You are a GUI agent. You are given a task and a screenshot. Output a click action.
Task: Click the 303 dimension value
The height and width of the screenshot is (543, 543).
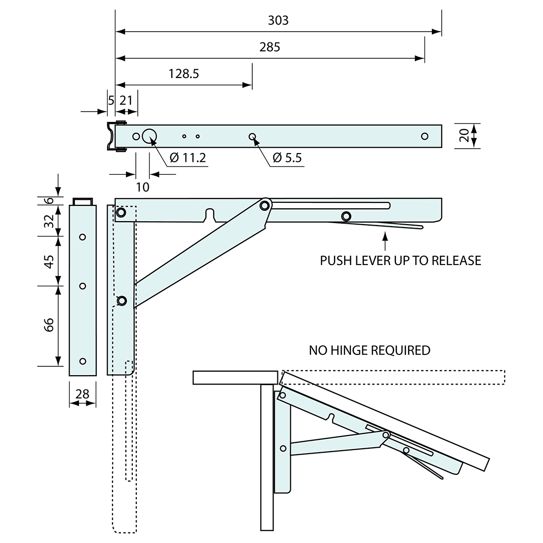point(278,21)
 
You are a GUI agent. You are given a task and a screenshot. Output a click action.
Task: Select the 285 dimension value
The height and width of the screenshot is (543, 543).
point(270,47)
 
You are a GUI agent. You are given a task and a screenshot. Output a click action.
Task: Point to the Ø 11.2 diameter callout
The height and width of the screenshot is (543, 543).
point(187,158)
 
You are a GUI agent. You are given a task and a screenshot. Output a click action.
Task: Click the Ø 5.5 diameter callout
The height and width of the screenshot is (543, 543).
point(287,158)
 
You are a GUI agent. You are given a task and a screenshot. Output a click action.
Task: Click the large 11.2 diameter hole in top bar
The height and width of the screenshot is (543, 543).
point(150,136)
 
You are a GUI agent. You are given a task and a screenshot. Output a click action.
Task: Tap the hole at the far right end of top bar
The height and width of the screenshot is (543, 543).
point(425,136)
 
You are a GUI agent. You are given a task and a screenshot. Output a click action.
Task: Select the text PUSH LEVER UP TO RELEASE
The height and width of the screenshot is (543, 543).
point(400,261)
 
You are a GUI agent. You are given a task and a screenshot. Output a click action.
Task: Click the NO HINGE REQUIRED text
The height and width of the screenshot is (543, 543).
point(369,350)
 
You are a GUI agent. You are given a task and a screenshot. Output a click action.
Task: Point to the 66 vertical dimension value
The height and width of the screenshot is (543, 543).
point(49,325)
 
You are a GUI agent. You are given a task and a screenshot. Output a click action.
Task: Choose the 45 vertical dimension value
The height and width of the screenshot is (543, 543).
point(49,261)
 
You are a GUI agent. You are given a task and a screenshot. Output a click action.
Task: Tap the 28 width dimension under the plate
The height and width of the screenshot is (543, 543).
point(82,393)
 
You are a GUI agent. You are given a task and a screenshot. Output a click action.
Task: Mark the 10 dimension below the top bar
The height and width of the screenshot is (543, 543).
point(142,187)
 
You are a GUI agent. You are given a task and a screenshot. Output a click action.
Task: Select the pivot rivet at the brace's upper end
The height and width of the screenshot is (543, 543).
point(265,204)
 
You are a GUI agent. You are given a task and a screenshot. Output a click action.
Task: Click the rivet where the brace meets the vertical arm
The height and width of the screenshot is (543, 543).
point(121,300)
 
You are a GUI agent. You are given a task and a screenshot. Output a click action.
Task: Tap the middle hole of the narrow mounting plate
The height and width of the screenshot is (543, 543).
point(82,286)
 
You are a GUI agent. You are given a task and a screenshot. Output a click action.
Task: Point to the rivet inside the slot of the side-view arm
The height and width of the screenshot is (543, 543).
point(346,216)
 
